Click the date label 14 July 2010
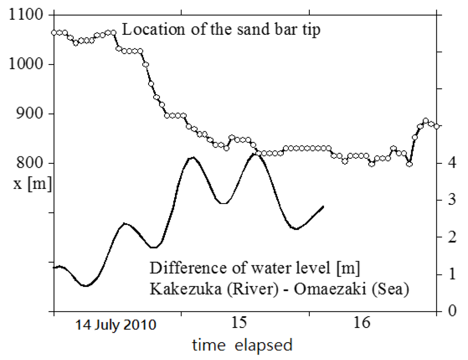pyautogui.click(x=116, y=325)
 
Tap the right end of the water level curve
pyautogui.click(x=324, y=206)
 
